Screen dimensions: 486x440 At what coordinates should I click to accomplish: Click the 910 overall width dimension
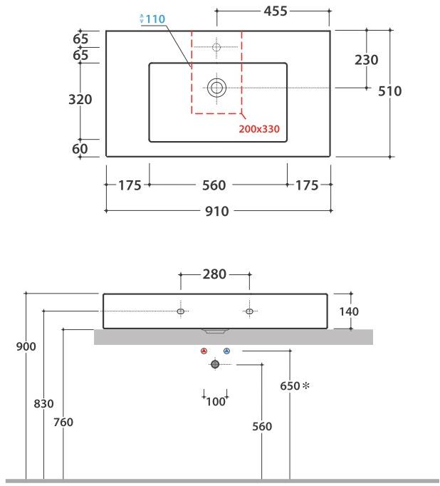coord(217,211)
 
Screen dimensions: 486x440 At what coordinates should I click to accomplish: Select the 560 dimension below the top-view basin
coord(214,185)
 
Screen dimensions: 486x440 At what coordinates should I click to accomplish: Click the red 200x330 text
coord(259,129)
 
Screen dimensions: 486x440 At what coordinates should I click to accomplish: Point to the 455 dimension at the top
coord(275,11)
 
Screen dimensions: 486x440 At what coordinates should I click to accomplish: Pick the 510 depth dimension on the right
coord(389,91)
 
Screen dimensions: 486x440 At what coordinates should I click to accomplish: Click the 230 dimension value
coord(366,61)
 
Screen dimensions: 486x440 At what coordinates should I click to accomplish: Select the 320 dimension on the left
coord(80,100)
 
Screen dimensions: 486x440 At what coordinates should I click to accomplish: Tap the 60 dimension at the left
coord(80,148)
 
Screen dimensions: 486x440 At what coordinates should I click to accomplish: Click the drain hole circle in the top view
coord(216,88)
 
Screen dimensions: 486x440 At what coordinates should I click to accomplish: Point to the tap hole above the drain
coord(216,47)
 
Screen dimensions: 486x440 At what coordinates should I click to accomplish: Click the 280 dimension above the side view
coord(214,274)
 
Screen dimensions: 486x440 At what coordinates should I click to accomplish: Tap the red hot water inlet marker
coord(204,351)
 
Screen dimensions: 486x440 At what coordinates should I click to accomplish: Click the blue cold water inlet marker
coord(226,351)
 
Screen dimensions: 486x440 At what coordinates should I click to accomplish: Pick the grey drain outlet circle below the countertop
coord(215,364)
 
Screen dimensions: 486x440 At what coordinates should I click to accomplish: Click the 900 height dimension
coord(26,346)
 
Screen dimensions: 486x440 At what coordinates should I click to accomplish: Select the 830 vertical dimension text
coord(44,403)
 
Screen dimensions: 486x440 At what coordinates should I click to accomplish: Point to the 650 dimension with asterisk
coord(293,386)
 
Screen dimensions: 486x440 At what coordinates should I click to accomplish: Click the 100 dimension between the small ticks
coord(215,402)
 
